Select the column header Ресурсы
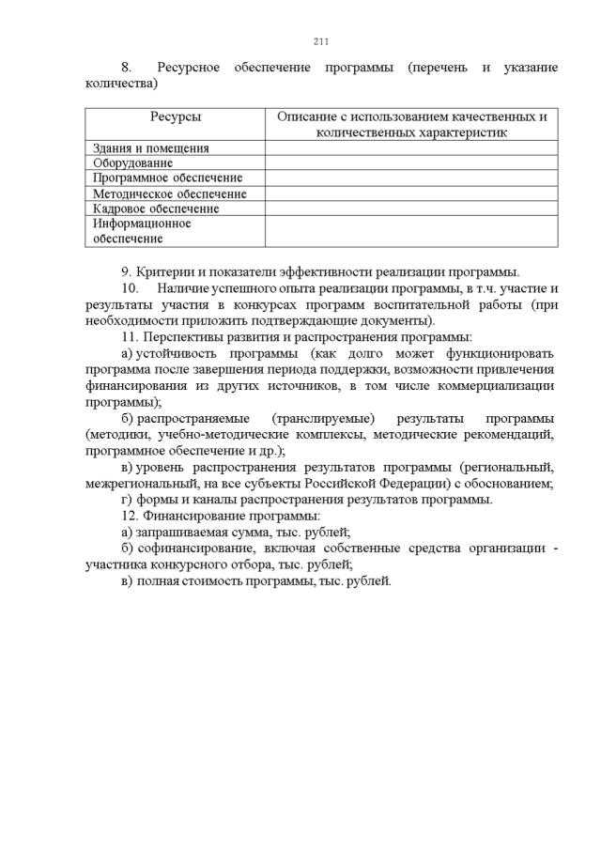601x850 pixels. click(175, 117)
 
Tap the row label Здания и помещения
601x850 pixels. click(151, 148)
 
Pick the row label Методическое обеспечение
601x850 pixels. click(170, 193)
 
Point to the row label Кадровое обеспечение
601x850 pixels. click(156, 209)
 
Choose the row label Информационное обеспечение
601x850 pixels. click(142, 231)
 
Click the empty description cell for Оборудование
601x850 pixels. click(410, 163)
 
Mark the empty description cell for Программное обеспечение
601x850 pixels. click(410, 178)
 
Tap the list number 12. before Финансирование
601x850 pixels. click(130, 516)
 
